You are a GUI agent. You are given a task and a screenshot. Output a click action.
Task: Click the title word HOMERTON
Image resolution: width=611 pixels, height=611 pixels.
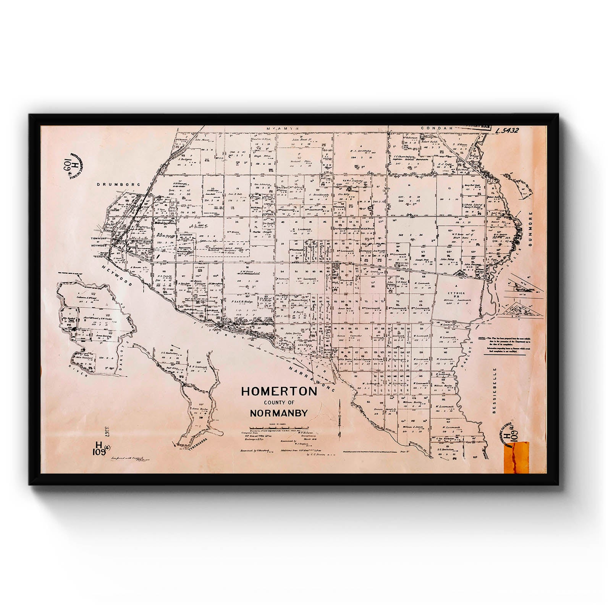point(279,391)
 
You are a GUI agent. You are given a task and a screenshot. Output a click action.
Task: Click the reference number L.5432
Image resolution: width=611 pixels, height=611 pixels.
point(506,130)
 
